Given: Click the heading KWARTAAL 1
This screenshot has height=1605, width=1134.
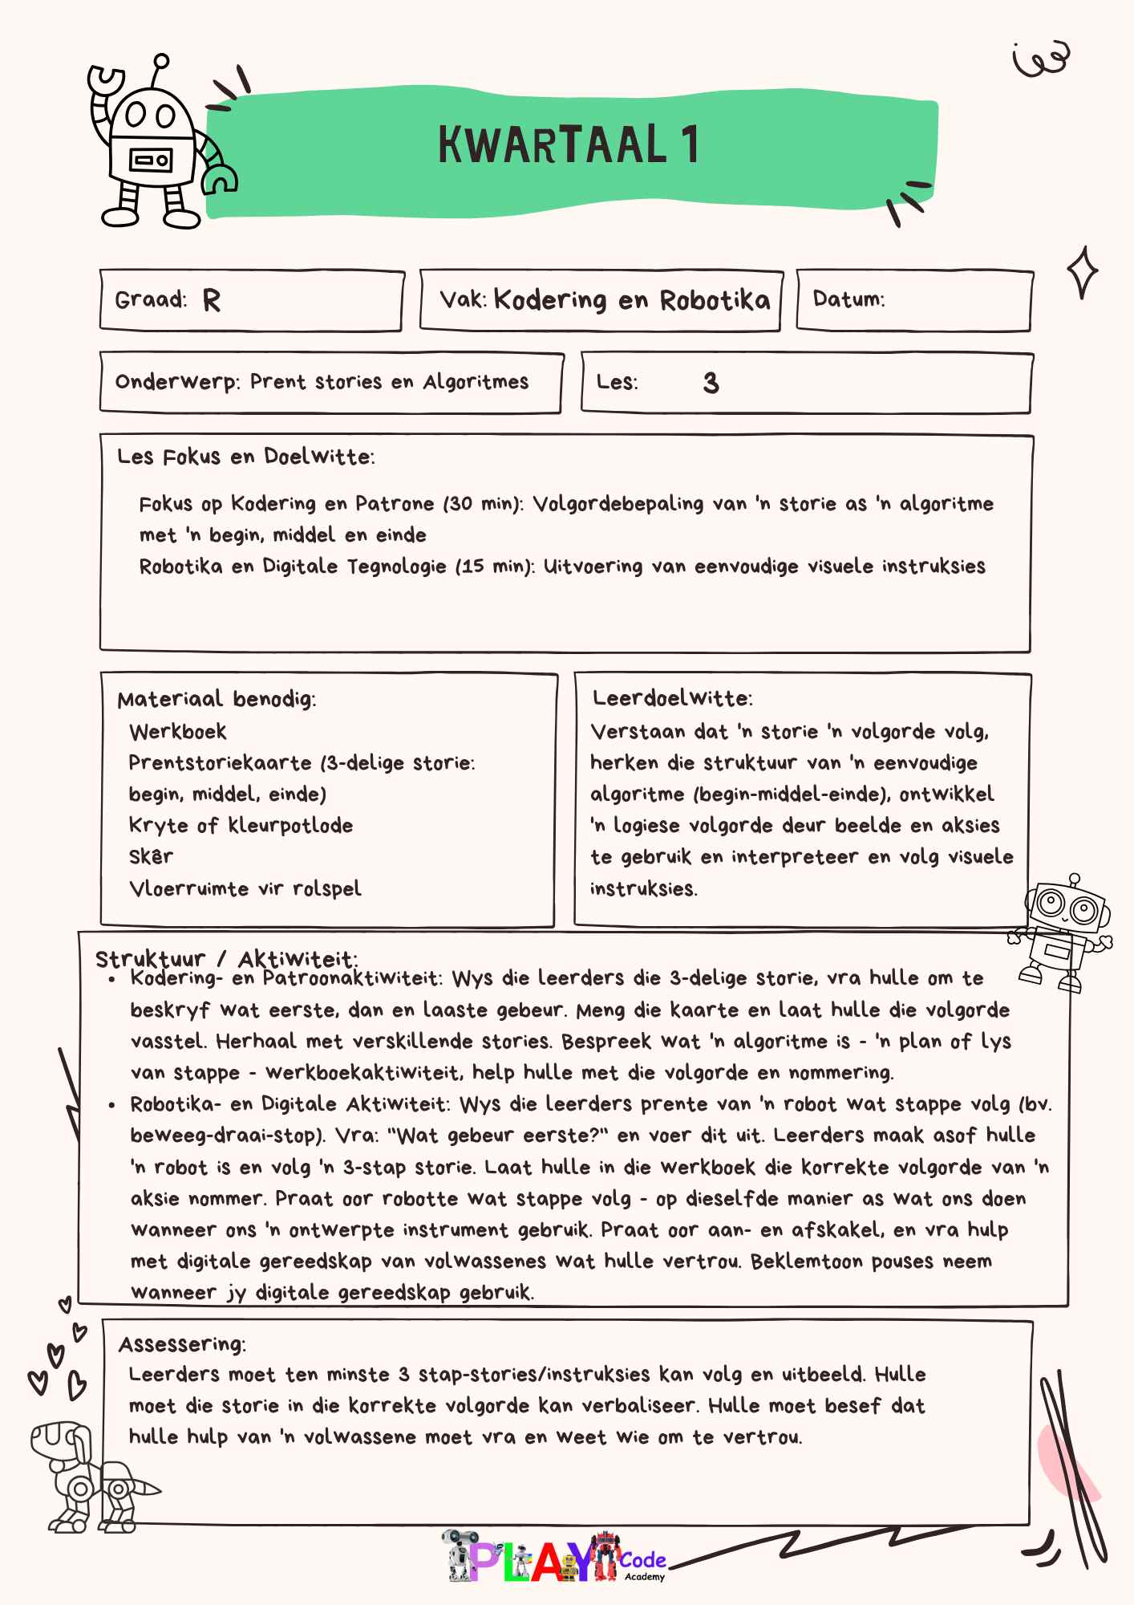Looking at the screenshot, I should [568, 145].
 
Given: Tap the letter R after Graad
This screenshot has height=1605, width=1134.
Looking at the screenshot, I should [211, 301].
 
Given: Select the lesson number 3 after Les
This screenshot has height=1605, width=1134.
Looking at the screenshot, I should [711, 383].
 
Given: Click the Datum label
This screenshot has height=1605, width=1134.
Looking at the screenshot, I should [848, 299].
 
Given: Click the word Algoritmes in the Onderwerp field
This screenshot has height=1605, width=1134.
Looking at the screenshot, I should [476, 382].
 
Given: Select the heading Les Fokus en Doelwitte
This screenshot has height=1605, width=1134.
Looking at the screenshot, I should [245, 457].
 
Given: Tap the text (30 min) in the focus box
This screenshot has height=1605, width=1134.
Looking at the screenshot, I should [483, 504].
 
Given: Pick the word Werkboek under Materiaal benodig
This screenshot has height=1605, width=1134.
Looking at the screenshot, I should [178, 732].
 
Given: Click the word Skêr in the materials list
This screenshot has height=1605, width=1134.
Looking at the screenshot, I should [151, 857].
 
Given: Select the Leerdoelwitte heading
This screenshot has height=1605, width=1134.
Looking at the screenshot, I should [672, 698].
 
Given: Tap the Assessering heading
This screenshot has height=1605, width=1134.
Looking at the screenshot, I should [182, 1344].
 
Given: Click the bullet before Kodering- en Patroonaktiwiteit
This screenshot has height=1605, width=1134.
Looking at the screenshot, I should [113, 980].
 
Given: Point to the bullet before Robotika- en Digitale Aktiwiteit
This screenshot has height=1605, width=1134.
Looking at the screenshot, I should [113, 1106].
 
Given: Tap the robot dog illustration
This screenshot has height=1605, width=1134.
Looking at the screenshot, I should [84, 1476].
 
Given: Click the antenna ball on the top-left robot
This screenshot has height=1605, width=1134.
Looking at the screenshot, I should [161, 60].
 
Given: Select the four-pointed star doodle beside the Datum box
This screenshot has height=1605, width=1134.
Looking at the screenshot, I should [1082, 273].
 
